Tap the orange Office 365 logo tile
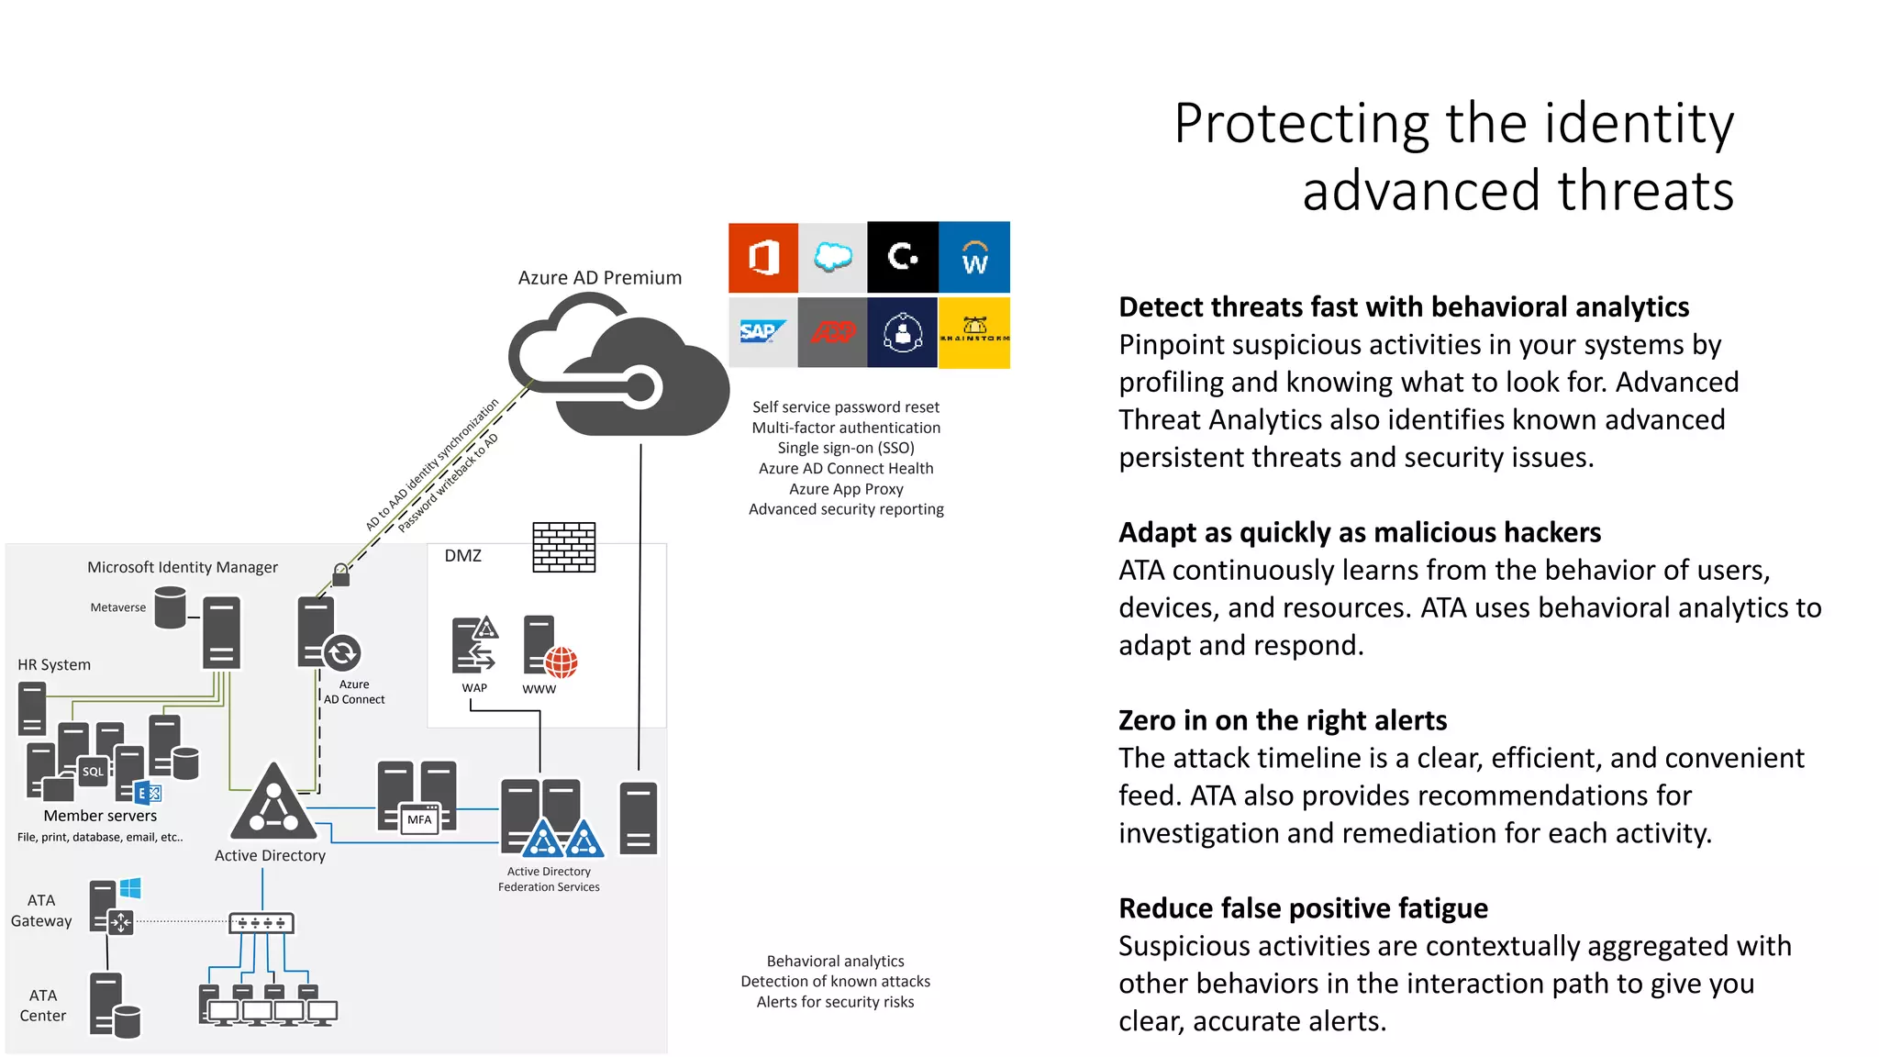coord(763,257)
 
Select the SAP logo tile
coord(762,332)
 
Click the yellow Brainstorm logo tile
coord(974,332)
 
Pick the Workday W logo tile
coord(974,257)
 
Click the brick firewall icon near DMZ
coord(564,548)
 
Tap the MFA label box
coord(420,819)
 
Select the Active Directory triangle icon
coord(272,804)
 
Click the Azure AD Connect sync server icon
coord(328,635)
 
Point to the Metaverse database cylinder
coord(170,607)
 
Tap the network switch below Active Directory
coord(261,923)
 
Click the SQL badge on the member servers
coord(94,772)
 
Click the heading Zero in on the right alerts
coord(1282,720)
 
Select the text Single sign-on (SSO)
coord(846,448)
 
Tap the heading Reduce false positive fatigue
coord(1303,908)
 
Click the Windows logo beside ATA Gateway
coord(130,888)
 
